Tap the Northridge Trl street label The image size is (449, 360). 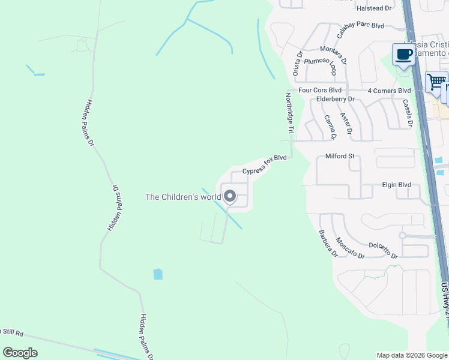(x=289, y=113)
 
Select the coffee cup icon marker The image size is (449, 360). (x=403, y=55)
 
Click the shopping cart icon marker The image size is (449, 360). (x=436, y=80)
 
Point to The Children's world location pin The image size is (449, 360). (x=230, y=196)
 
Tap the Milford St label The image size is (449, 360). (x=340, y=156)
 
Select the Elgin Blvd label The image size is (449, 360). (x=396, y=185)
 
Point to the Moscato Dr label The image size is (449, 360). (x=349, y=247)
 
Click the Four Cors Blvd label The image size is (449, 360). (x=320, y=90)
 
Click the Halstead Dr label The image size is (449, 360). (x=373, y=8)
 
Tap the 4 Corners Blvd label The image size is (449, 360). (x=389, y=91)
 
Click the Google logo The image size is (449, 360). (x=20, y=353)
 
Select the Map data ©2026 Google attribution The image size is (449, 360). (x=412, y=355)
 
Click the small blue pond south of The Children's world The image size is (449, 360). (x=158, y=274)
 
